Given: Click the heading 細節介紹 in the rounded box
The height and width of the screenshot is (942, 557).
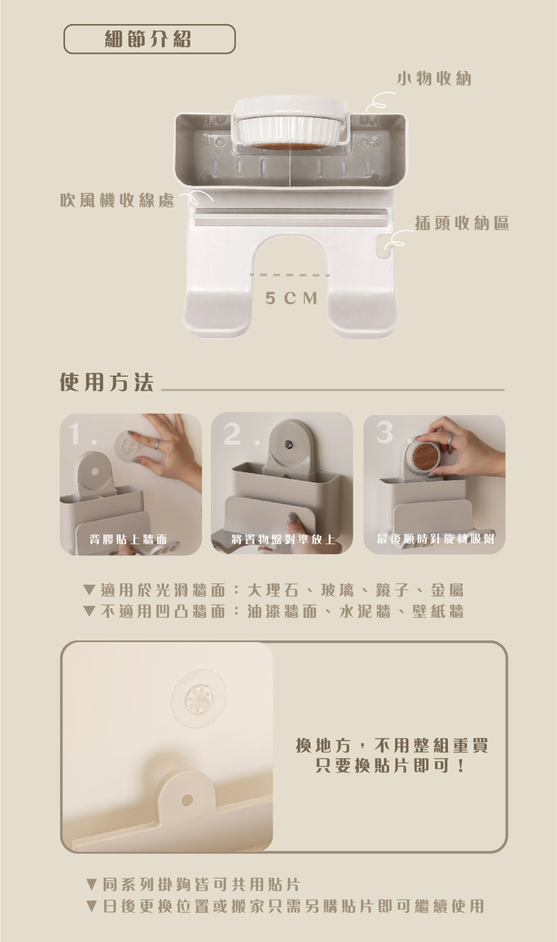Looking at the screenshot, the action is coord(147,39).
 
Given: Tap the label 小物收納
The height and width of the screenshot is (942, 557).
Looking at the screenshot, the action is coord(434,78).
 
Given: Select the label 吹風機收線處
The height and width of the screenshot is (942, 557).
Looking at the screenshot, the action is coord(117,201).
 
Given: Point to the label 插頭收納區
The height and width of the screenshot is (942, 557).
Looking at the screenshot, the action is coord(462,223).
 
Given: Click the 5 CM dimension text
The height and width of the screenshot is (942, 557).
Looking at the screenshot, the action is coord(292,298).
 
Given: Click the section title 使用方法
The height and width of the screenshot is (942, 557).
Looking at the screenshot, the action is coord(106,382).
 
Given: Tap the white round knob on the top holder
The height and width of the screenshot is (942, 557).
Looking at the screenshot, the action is coord(290,124).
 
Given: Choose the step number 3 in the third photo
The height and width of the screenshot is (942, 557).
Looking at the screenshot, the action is coord(385,432).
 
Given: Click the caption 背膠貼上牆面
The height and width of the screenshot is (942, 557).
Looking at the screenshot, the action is coord(129,539).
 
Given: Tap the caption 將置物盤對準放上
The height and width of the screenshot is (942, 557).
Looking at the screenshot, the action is coord(283,539).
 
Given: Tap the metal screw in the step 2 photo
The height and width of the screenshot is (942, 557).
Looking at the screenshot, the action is coord(288,443).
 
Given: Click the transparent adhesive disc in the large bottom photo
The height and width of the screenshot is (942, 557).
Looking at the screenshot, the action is coord(199,700).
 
